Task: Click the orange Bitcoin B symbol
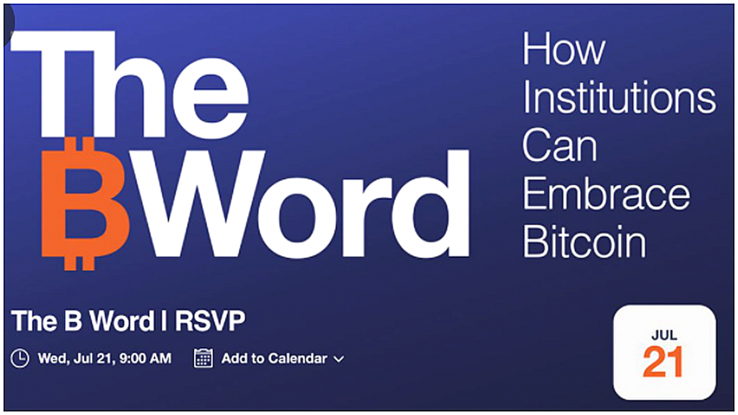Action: (x=86, y=203)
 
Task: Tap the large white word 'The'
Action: (x=129, y=85)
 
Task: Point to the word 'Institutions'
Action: (x=619, y=97)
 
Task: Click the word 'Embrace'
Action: (x=606, y=194)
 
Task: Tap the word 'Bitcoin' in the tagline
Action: (x=584, y=242)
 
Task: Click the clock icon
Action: (x=20, y=358)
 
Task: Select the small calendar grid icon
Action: (x=203, y=358)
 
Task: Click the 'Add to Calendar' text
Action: (x=274, y=359)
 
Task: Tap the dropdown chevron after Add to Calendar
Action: (x=339, y=360)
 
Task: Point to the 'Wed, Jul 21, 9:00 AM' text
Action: (x=104, y=359)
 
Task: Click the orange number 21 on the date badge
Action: (x=663, y=362)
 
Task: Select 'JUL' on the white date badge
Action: (x=664, y=335)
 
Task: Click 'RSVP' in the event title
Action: (x=210, y=321)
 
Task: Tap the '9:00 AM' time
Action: (x=145, y=359)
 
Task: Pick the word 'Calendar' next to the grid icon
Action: (x=298, y=359)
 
